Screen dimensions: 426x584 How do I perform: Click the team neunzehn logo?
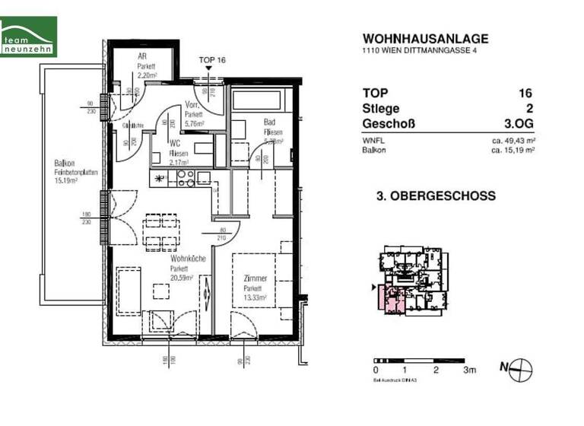pos(29,37)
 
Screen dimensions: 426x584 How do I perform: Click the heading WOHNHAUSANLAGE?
pos(425,39)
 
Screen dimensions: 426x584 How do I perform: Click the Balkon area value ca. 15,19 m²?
pos(513,151)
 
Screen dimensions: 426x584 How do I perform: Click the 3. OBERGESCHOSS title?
pos(436,196)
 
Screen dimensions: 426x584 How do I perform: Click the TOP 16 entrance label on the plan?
pos(212,59)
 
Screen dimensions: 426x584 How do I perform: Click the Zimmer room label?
pos(255,280)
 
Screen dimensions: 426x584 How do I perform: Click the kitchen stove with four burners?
pos(186,178)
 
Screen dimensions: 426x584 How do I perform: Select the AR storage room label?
pos(141,57)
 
